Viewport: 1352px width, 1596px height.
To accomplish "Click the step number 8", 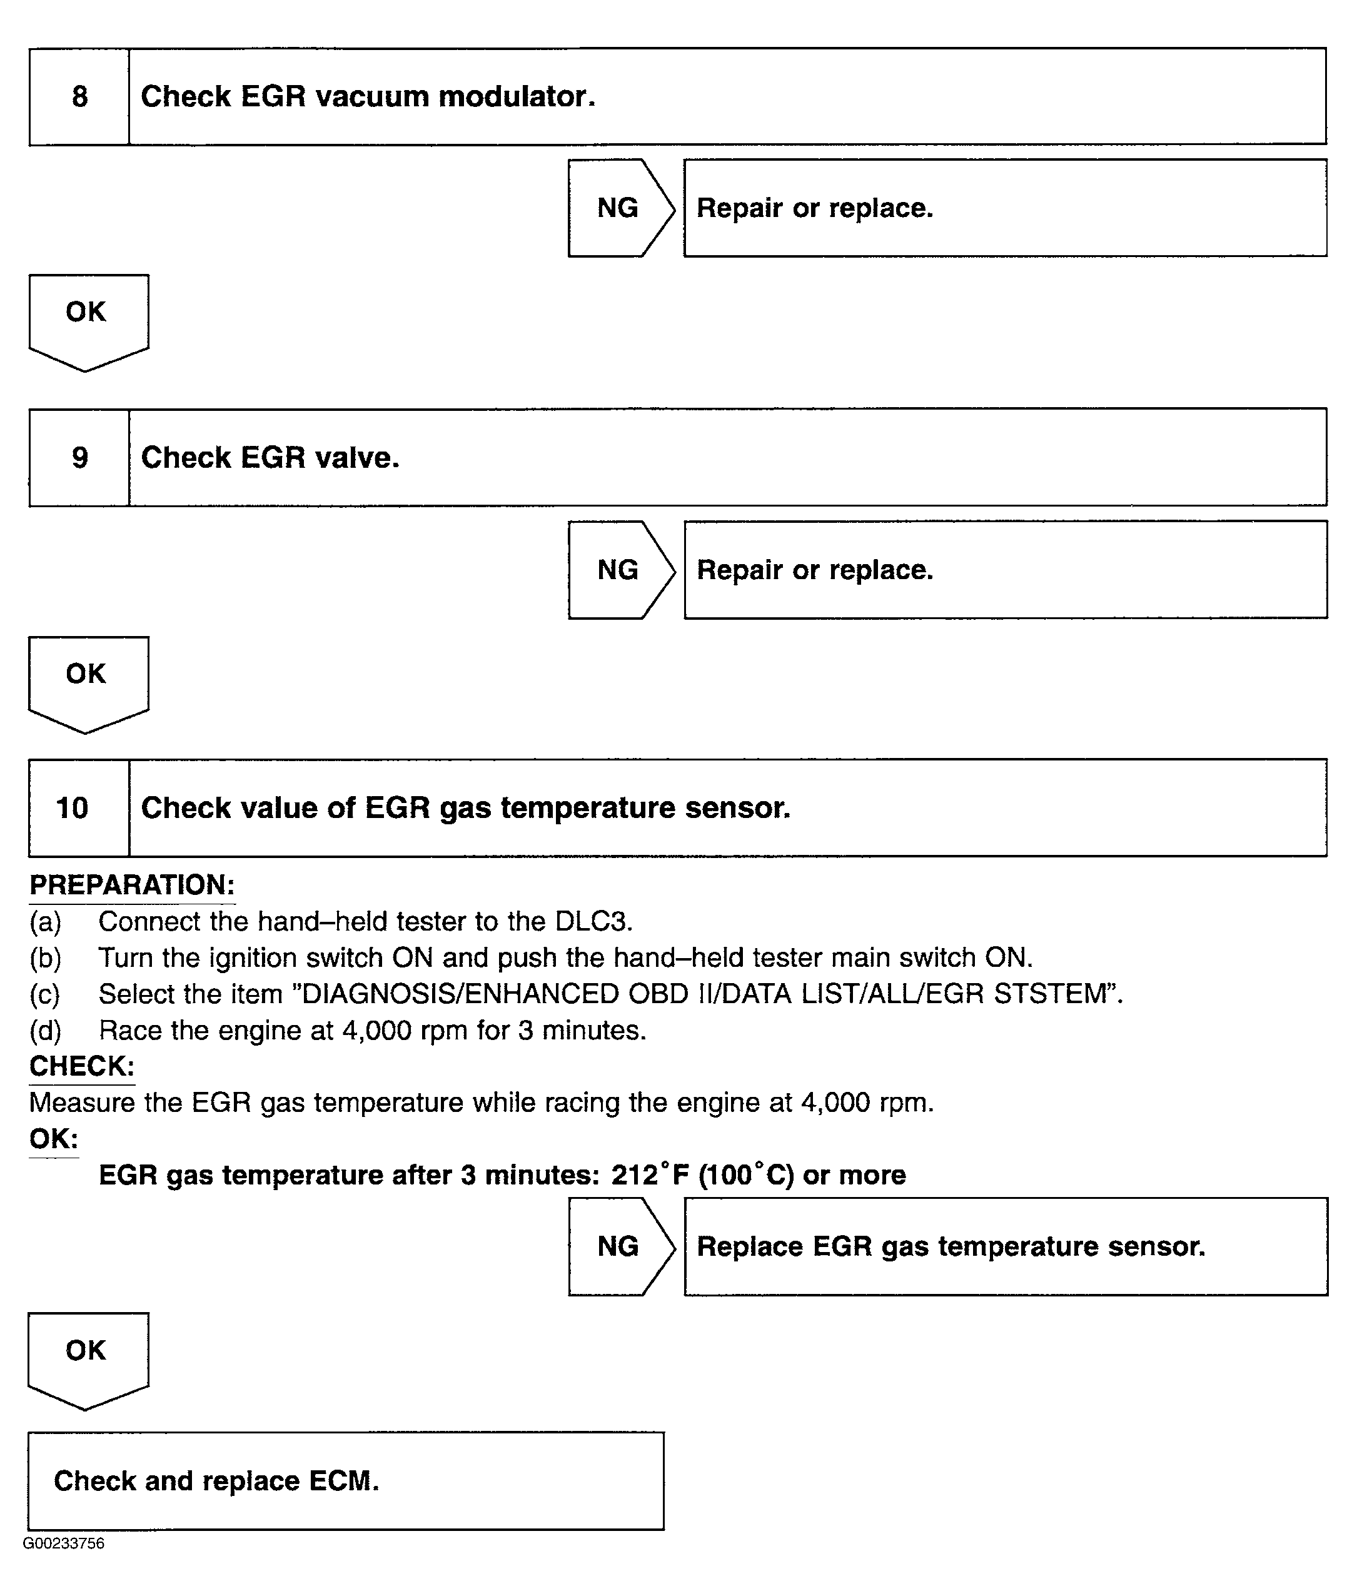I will (79, 96).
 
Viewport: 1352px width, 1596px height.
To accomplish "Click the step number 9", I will (79, 458).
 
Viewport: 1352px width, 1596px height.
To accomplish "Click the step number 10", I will (72, 808).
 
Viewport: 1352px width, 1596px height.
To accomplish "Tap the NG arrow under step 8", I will (619, 208).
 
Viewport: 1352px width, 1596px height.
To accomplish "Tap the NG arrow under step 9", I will (619, 570).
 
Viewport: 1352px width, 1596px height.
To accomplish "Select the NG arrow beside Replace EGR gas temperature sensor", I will (619, 1246).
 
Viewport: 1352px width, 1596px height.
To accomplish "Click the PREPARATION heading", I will (132, 885).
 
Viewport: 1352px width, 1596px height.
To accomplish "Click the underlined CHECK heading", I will (82, 1066).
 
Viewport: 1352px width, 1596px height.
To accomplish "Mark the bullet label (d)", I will (45, 1030).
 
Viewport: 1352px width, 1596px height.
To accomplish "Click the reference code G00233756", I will (64, 1543).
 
